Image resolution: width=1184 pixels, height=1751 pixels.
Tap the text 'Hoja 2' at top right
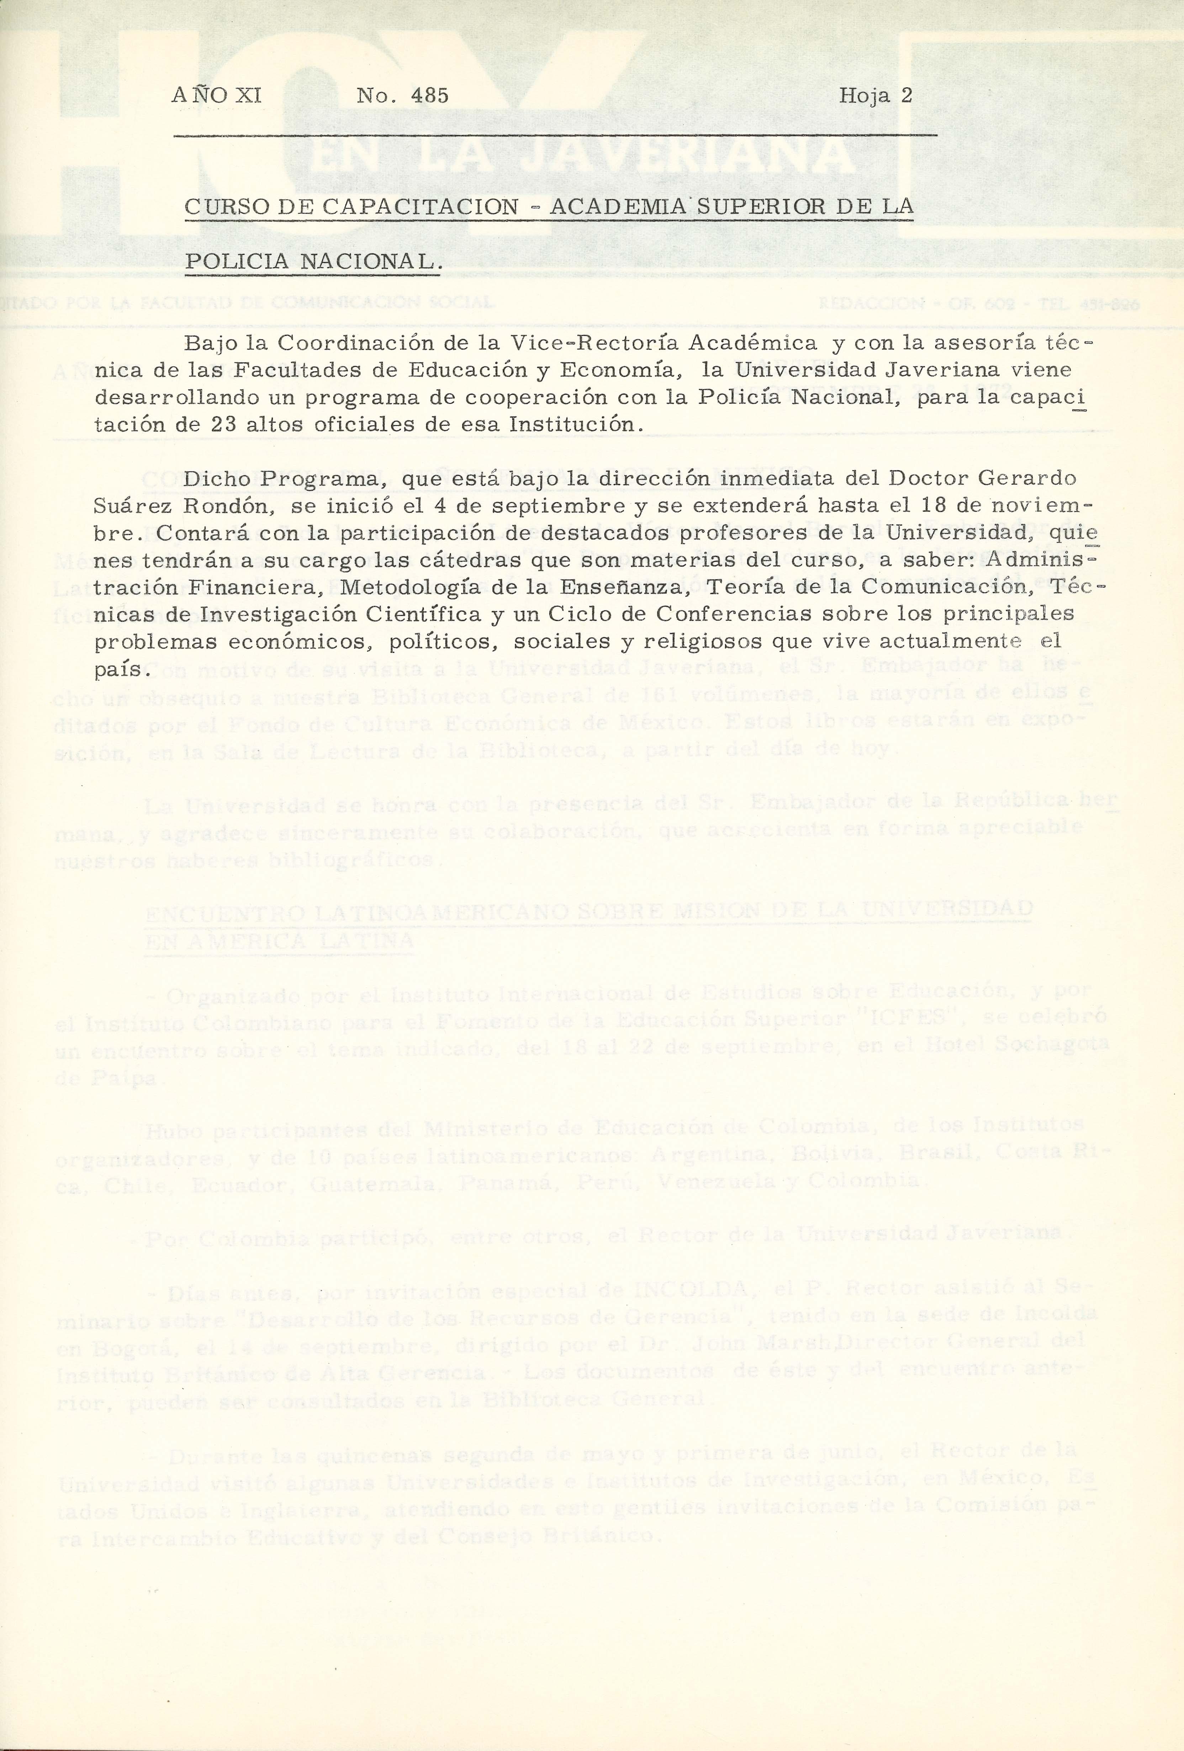[875, 96]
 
